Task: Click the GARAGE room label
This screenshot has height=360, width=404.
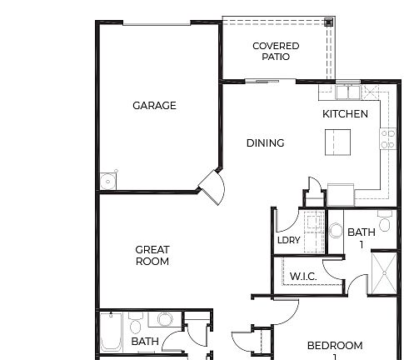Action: (155, 106)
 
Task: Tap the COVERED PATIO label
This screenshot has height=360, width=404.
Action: (276, 52)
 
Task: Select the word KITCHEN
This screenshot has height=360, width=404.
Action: (345, 114)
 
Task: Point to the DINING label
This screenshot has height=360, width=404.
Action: (265, 143)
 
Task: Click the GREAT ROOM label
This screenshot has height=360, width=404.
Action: (152, 256)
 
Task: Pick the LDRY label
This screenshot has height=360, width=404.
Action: (288, 241)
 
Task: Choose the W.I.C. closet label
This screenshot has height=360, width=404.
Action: (302, 277)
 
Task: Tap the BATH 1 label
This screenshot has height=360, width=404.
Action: (362, 238)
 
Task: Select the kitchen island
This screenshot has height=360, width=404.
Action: (338, 141)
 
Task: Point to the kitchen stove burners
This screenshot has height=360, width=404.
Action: (387, 139)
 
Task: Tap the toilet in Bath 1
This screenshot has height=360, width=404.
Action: (384, 223)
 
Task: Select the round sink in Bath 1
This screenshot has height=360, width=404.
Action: (336, 230)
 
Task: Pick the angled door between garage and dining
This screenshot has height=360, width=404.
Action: (210, 187)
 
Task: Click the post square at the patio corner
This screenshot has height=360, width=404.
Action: (329, 22)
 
